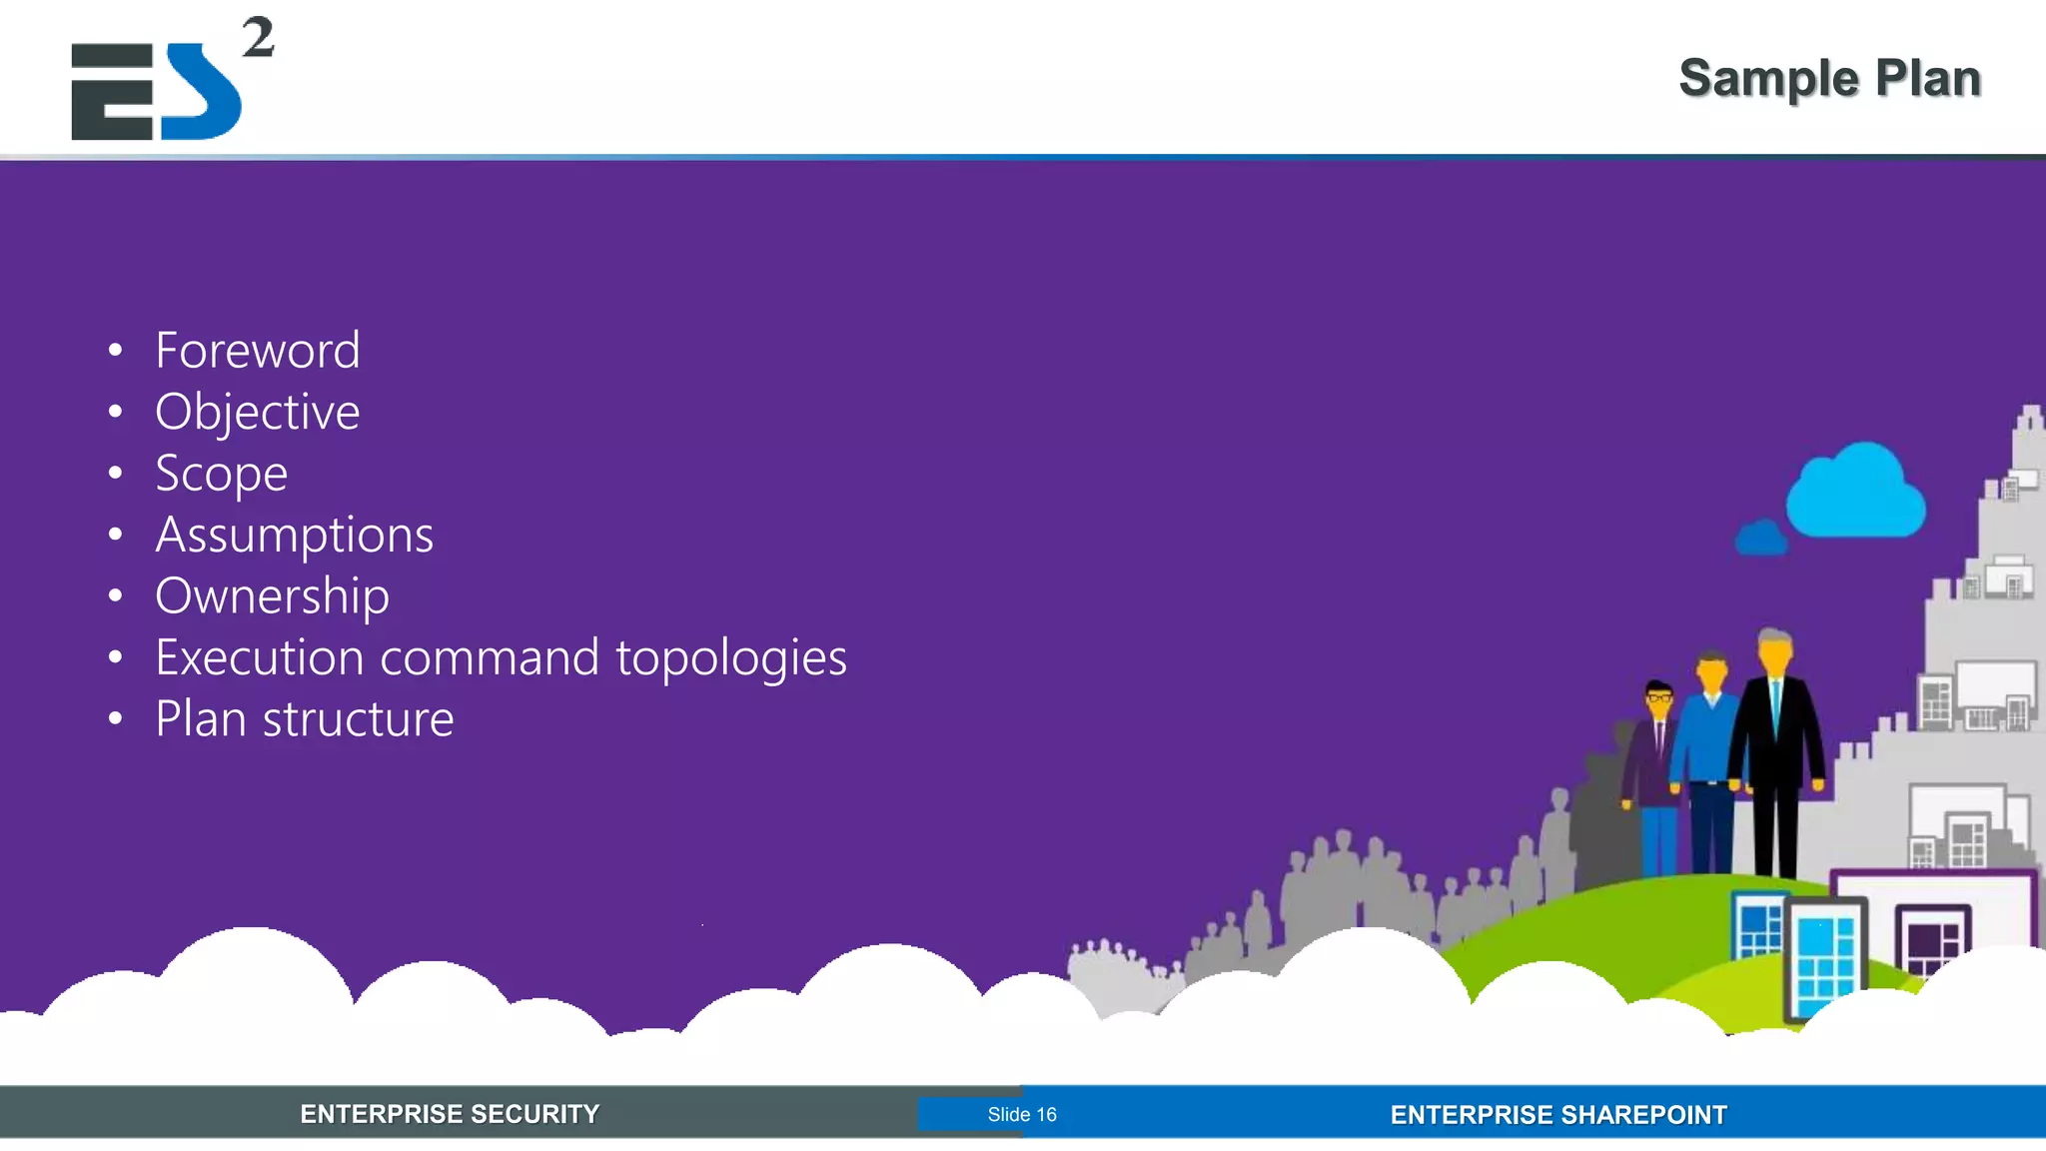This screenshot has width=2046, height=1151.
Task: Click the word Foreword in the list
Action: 257,351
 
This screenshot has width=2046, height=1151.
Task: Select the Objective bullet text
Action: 257,413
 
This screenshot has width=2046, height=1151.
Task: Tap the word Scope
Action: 221,474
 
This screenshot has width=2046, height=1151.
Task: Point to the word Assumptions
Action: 294,536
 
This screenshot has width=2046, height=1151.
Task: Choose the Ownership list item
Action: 272,596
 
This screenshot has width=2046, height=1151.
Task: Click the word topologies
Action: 730,658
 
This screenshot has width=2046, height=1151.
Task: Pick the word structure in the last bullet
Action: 358,719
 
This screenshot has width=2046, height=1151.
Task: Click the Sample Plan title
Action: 1829,78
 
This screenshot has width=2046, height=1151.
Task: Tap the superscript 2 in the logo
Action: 258,38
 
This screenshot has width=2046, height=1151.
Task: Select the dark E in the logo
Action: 112,92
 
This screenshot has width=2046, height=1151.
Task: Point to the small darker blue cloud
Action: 1761,539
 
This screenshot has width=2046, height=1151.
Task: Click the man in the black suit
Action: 1776,749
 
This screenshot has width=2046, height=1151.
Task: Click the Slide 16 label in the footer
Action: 1021,1114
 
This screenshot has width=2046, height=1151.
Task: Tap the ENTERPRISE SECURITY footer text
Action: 450,1114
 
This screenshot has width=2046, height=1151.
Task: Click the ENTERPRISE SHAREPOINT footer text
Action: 1557,1114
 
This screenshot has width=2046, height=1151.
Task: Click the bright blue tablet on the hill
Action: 1824,959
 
